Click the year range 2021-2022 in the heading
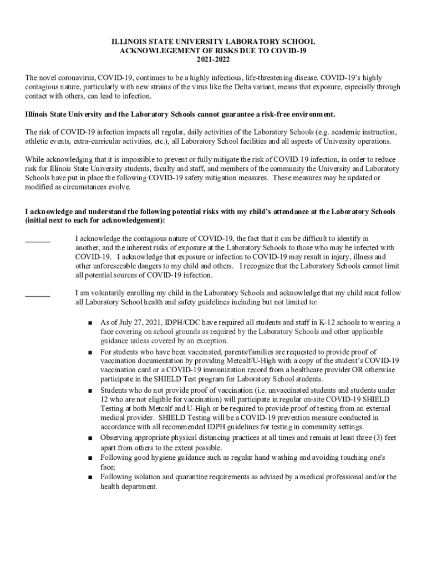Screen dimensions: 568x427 (213, 59)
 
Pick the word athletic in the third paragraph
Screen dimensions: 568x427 (39, 141)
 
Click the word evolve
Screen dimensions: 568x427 (120, 187)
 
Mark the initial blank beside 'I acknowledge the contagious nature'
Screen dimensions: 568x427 (38, 241)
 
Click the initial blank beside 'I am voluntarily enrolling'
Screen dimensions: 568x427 (38, 296)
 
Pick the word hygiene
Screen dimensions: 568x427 (162, 458)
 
